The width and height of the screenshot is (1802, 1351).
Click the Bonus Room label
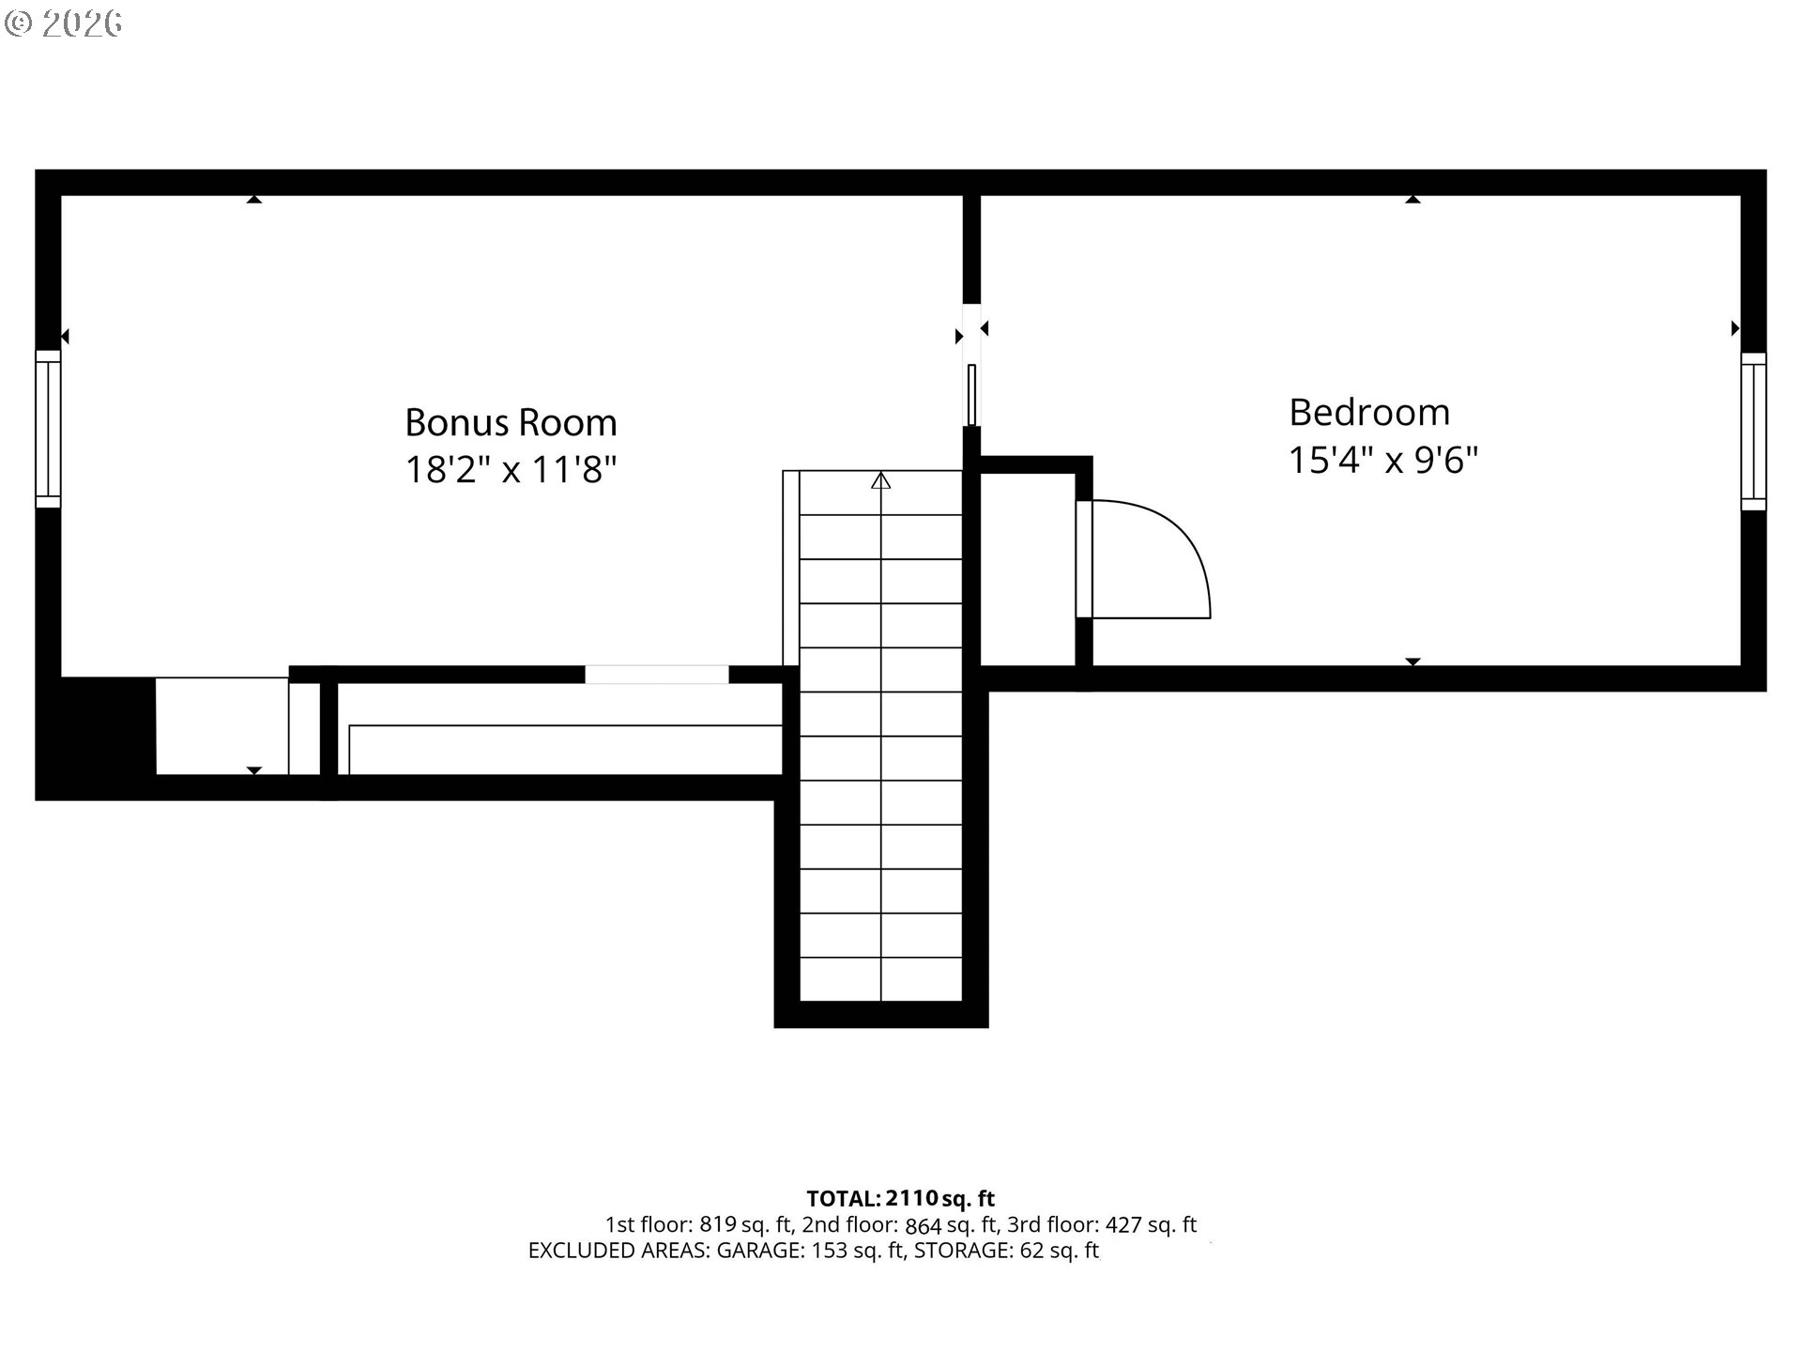coord(511,422)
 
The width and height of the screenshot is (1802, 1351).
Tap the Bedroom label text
coord(1369,412)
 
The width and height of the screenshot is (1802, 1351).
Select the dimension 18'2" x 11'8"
coord(511,469)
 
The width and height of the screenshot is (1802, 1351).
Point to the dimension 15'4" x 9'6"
coord(1383,460)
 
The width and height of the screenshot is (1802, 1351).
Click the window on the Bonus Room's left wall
coord(48,429)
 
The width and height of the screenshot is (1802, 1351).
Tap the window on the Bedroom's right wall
coord(1753,432)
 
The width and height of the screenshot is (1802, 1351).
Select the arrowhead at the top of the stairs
coord(880,480)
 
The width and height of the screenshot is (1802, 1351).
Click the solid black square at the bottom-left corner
coord(95,738)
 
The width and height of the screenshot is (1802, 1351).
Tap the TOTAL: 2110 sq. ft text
coord(900,1198)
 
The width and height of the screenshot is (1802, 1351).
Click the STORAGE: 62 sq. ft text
coord(1006,1250)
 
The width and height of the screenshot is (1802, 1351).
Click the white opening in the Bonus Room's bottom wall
coord(657,675)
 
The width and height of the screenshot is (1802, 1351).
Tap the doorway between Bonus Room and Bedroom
coord(972,364)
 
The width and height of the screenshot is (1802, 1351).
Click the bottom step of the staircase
coord(880,979)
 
